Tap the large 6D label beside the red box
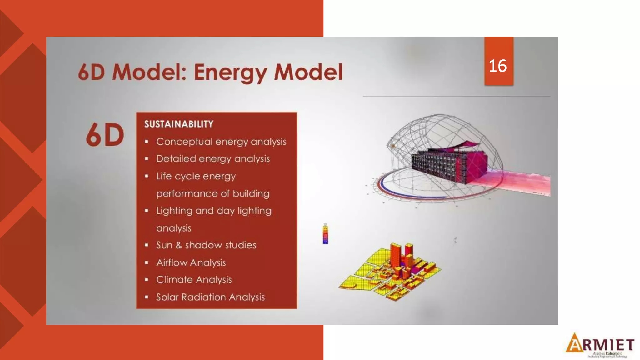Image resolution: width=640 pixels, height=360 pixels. [105, 135]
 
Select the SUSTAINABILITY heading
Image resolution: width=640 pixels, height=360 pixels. [179, 124]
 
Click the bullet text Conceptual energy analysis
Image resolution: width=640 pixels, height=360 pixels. [221, 142]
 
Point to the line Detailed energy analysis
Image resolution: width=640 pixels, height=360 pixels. [213, 159]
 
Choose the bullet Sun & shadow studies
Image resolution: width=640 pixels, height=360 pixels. [206, 245]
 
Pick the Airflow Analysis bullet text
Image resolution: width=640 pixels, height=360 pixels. [191, 262]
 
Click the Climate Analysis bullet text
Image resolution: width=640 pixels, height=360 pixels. [194, 280]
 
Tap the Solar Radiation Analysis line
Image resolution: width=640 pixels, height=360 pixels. [210, 297]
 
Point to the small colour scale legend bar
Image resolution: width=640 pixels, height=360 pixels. [325, 234]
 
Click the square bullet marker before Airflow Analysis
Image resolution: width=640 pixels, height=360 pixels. [146, 262]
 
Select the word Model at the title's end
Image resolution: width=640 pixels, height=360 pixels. [308, 72]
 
